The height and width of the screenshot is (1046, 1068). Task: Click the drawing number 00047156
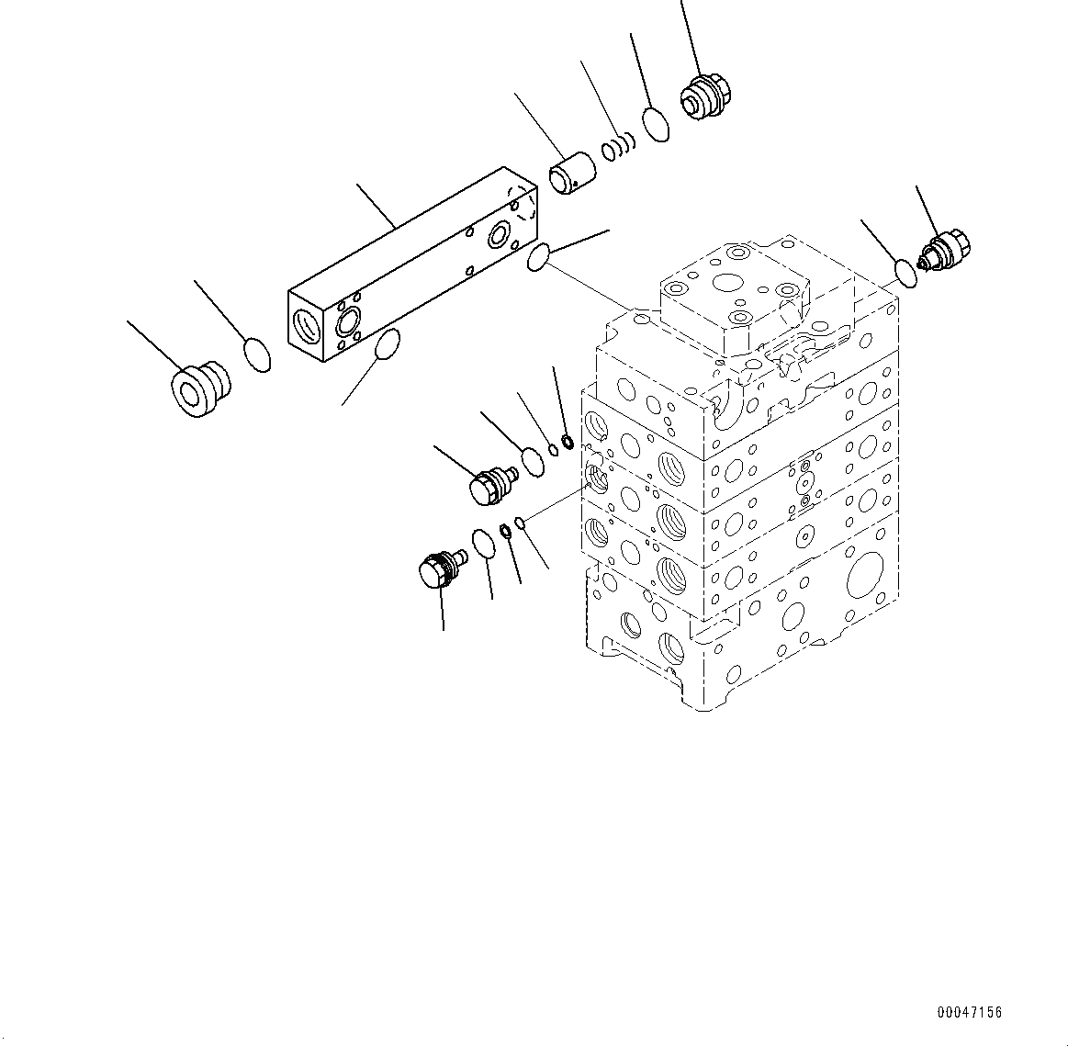(x=970, y=1013)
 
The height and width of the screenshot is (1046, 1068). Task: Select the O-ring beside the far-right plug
(x=905, y=273)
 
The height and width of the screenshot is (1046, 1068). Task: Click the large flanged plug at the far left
(x=198, y=388)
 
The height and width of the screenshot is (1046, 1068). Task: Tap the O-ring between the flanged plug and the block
(x=257, y=354)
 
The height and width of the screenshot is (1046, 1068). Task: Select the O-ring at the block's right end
(x=538, y=258)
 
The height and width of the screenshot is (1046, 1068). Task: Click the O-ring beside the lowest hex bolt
(x=482, y=544)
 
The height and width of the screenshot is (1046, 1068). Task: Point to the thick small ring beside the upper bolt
(x=568, y=444)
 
